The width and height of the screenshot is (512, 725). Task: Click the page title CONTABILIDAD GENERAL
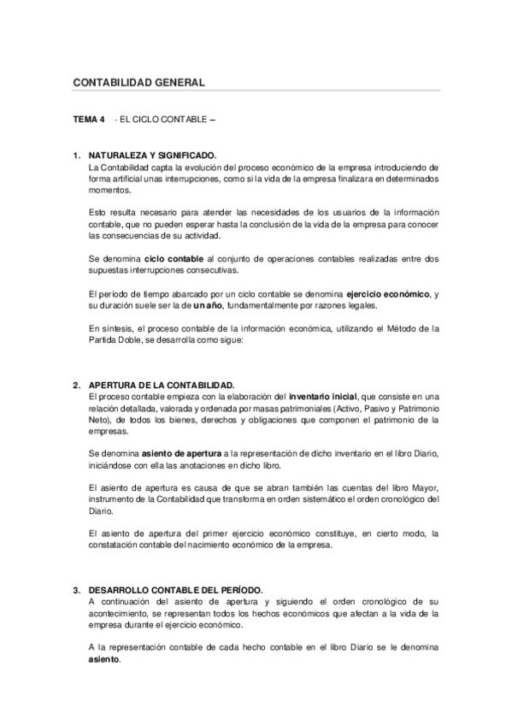coord(138,83)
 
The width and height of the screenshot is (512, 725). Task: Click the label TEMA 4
coord(87,120)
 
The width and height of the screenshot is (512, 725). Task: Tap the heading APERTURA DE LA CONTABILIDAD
coord(162,386)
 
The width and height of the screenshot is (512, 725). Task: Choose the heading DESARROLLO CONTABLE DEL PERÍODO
coord(175,590)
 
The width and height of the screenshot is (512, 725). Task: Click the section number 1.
coord(76,156)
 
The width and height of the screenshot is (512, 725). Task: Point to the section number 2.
coord(76,386)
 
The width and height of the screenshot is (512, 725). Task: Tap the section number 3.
coord(76,590)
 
